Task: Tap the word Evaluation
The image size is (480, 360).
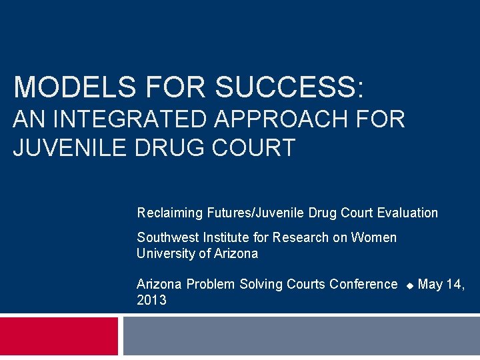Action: click(x=407, y=213)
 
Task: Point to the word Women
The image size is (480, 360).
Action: click(x=374, y=238)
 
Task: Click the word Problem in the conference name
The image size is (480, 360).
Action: click(x=210, y=285)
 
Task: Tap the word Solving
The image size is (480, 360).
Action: click(x=261, y=285)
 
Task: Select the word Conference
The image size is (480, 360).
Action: click(x=363, y=285)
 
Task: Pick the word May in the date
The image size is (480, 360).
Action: click(x=430, y=285)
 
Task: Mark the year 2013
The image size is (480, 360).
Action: click(x=151, y=301)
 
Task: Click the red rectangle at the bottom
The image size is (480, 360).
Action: click(x=59, y=336)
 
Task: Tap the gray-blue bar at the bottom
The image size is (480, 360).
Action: click(x=301, y=336)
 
